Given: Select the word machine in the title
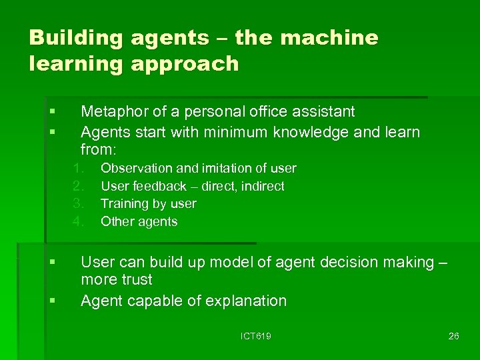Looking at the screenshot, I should point(330,38).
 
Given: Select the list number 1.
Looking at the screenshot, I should point(77,168).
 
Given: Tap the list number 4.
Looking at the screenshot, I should point(77,221).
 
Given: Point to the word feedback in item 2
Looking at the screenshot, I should point(160,186).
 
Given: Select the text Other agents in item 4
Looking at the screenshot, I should point(139,221).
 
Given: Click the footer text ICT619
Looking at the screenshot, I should point(255,336).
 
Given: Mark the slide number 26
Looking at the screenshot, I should point(453,336).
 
